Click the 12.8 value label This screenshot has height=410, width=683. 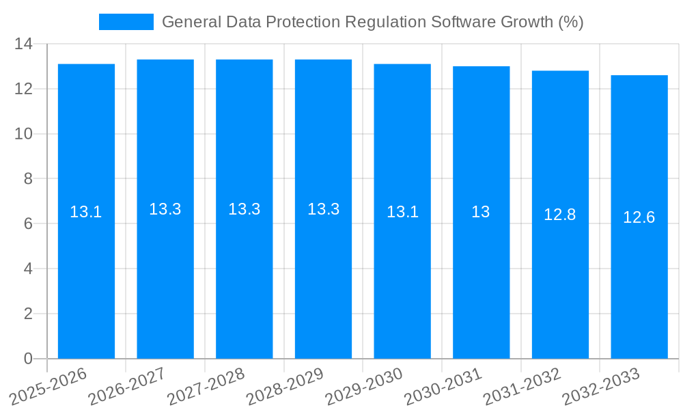coord(560,215)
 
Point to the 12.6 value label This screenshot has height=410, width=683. coord(639,217)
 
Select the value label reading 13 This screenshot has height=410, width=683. coord(481,212)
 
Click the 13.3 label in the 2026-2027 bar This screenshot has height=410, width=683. coord(165,209)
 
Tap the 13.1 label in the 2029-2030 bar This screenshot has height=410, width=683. coord(402,212)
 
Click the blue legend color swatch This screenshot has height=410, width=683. coord(126,22)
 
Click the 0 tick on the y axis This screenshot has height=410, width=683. coord(28,359)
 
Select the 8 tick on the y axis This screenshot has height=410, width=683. coord(28,179)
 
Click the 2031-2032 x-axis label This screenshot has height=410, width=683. coord(522,386)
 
